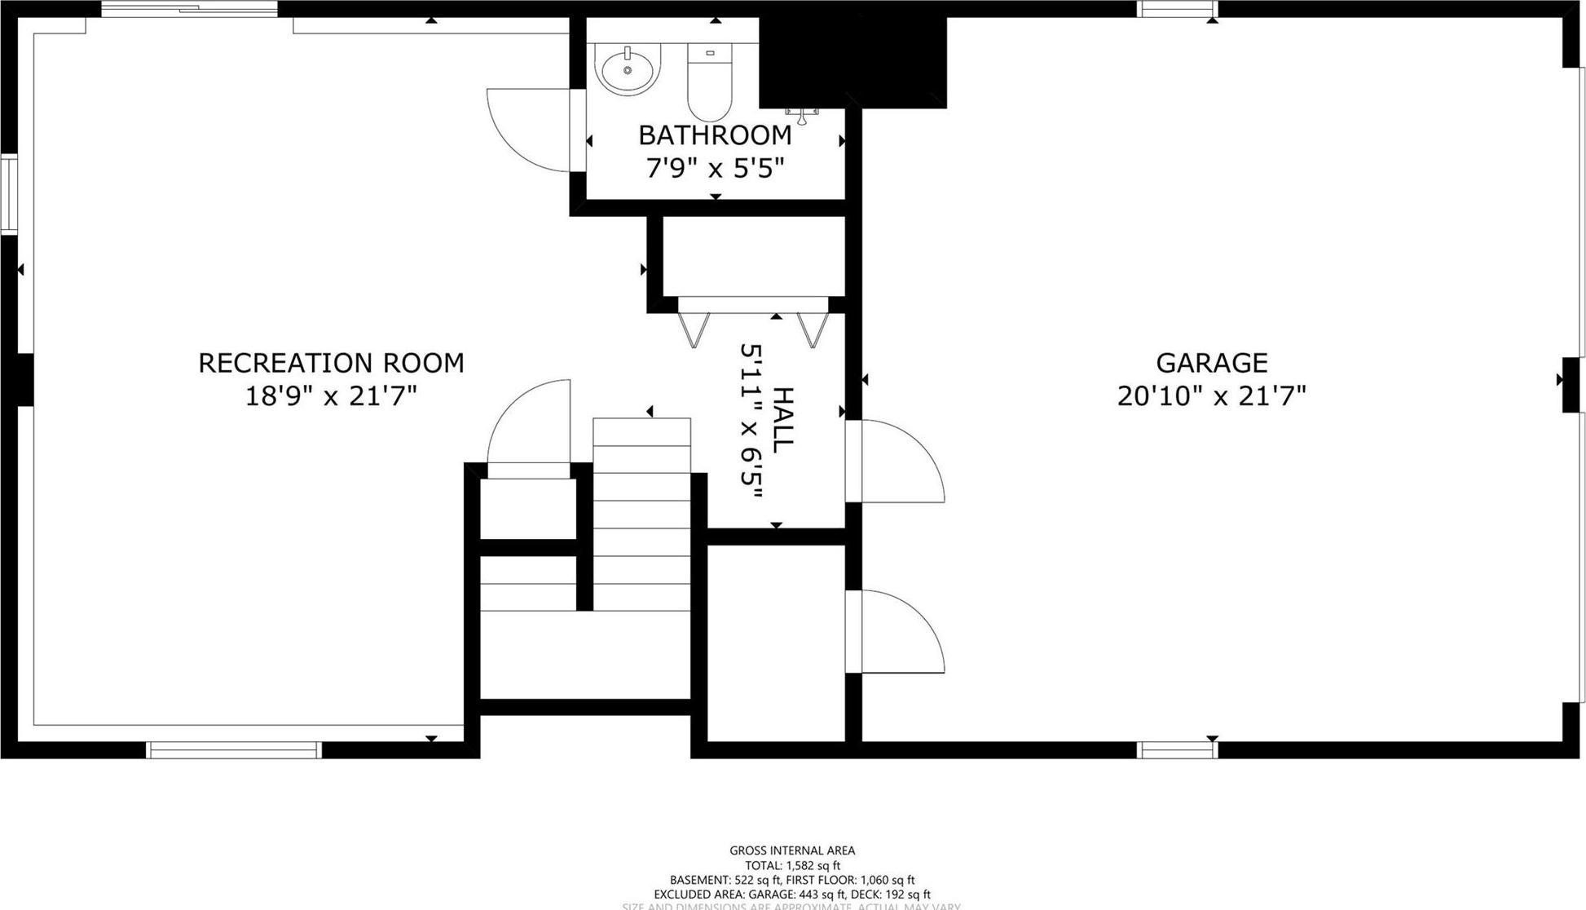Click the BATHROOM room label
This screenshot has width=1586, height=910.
coord(715,135)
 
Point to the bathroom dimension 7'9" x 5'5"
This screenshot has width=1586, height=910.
coord(715,169)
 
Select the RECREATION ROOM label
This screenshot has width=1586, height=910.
coord(331,363)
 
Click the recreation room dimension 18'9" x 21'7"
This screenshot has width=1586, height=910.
coord(331,396)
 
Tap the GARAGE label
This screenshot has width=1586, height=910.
coord(1211,363)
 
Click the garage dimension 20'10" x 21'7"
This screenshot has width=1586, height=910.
coord(1211,396)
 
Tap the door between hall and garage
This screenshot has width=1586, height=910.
coord(901,461)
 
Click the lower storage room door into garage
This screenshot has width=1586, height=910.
coord(901,632)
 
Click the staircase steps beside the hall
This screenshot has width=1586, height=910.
coord(641,514)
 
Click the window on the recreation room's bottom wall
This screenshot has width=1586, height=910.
coord(234,750)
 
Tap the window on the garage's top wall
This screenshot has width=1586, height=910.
coord(1177,10)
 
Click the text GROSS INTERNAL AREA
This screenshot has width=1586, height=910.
coord(792,850)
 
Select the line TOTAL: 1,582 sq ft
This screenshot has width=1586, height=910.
coord(792,865)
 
